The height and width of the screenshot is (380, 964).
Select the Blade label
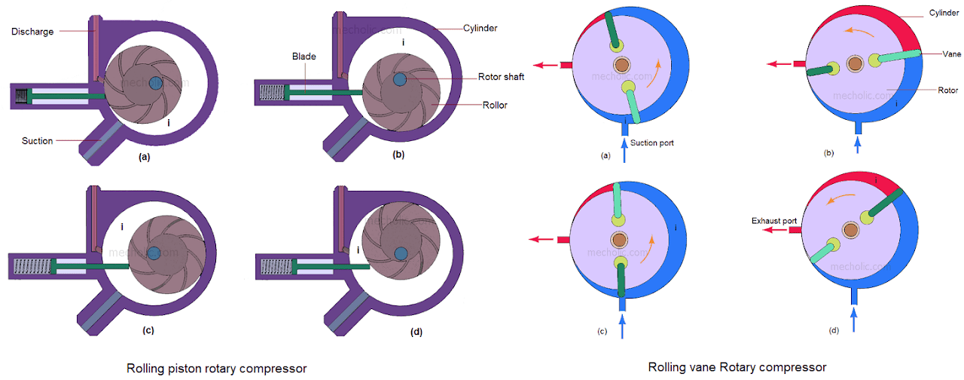(x=305, y=56)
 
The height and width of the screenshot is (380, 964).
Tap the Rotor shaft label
(x=501, y=77)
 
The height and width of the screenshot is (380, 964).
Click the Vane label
(x=950, y=54)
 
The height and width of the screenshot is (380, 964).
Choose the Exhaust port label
(x=774, y=221)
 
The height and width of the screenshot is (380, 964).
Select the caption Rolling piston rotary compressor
(x=216, y=368)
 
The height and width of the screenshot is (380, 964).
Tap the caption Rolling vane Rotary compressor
(x=737, y=367)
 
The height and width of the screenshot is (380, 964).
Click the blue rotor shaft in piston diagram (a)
(x=156, y=81)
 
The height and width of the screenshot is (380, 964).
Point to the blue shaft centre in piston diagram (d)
(x=399, y=251)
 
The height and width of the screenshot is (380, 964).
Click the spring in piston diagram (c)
(x=32, y=266)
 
